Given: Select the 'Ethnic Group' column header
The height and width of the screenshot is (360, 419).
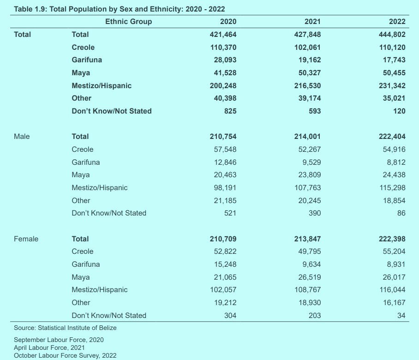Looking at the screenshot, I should pos(128,22).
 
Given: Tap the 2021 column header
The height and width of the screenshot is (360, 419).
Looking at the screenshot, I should pos(312,22).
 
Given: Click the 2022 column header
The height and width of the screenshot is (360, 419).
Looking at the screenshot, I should pos(397,22).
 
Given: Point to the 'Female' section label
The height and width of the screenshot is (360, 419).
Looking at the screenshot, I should pos(26,239).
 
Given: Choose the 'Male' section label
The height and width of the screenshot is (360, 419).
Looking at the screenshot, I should pos(22,137).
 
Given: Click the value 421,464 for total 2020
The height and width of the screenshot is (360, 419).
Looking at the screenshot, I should pos(221,35).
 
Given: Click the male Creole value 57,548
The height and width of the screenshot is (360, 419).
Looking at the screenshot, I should pos(223,150).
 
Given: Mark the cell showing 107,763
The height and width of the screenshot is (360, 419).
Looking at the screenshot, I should pos(305,188).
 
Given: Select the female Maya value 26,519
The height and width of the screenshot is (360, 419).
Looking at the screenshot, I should pos(307,277).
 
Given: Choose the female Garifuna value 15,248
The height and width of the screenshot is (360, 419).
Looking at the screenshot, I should pos(223,264).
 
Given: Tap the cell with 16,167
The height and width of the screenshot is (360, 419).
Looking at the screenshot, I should pos(391,303).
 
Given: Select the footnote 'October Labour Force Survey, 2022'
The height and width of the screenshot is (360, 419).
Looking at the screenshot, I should pos(65,355).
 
